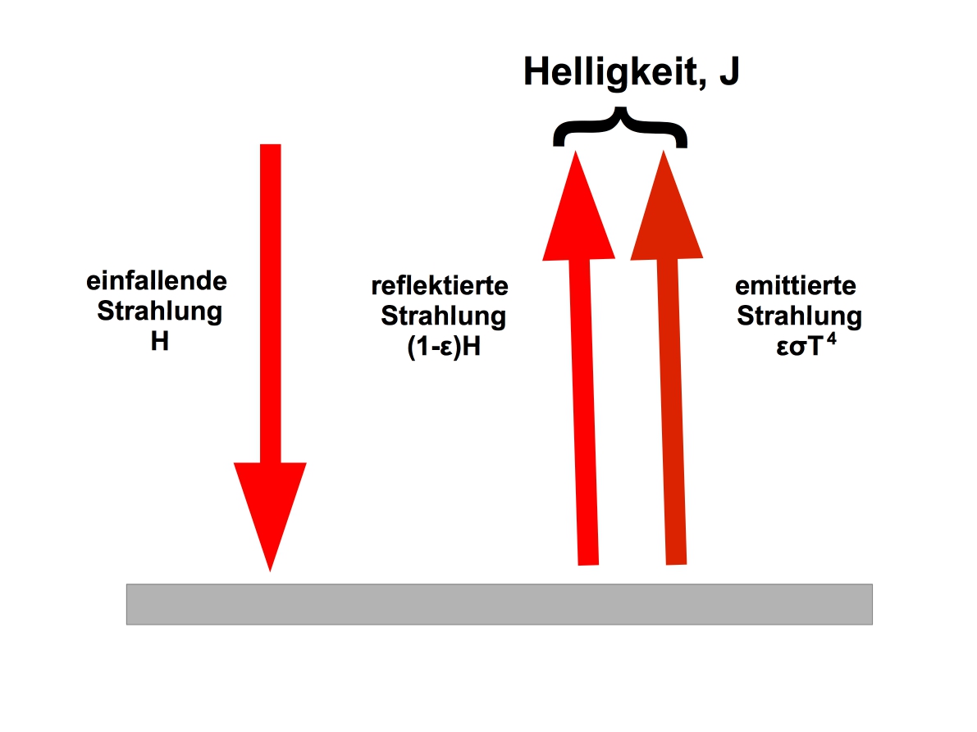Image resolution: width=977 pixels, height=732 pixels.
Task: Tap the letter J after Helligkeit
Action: point(729,71)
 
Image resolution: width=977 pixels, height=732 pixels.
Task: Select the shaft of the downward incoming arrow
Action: point(271,304)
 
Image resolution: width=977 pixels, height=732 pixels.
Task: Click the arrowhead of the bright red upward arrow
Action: point(578,206)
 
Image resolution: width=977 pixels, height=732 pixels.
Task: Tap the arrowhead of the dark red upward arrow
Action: point(666,205)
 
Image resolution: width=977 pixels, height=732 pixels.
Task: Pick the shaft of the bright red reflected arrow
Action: point(584,412)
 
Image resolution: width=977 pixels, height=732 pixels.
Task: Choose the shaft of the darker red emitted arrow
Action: point(673,411)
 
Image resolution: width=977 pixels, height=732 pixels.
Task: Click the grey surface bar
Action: point(499,604)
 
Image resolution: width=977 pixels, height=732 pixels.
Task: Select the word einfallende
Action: point(157,280)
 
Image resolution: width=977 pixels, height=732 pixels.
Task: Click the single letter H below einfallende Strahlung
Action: point(159,341)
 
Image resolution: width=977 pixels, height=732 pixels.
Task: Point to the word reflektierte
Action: point(440,286)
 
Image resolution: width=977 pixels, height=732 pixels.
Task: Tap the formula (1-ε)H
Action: point(444,346)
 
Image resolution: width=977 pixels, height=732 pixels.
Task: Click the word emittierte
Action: point(796,286)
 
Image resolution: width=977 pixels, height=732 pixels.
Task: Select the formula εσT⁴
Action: point(806,344)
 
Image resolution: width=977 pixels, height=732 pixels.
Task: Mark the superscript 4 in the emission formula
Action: point(831,339)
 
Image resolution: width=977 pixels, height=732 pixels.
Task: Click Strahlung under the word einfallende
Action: point(159,311)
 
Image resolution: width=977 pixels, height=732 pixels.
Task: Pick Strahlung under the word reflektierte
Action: point(444,317)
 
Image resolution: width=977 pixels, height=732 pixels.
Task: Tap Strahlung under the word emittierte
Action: point(800,317)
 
